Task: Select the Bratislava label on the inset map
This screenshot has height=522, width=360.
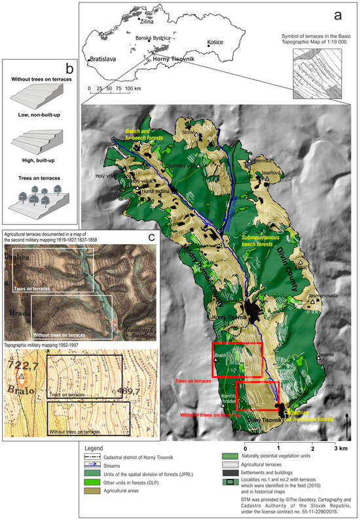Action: click(103, 58)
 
